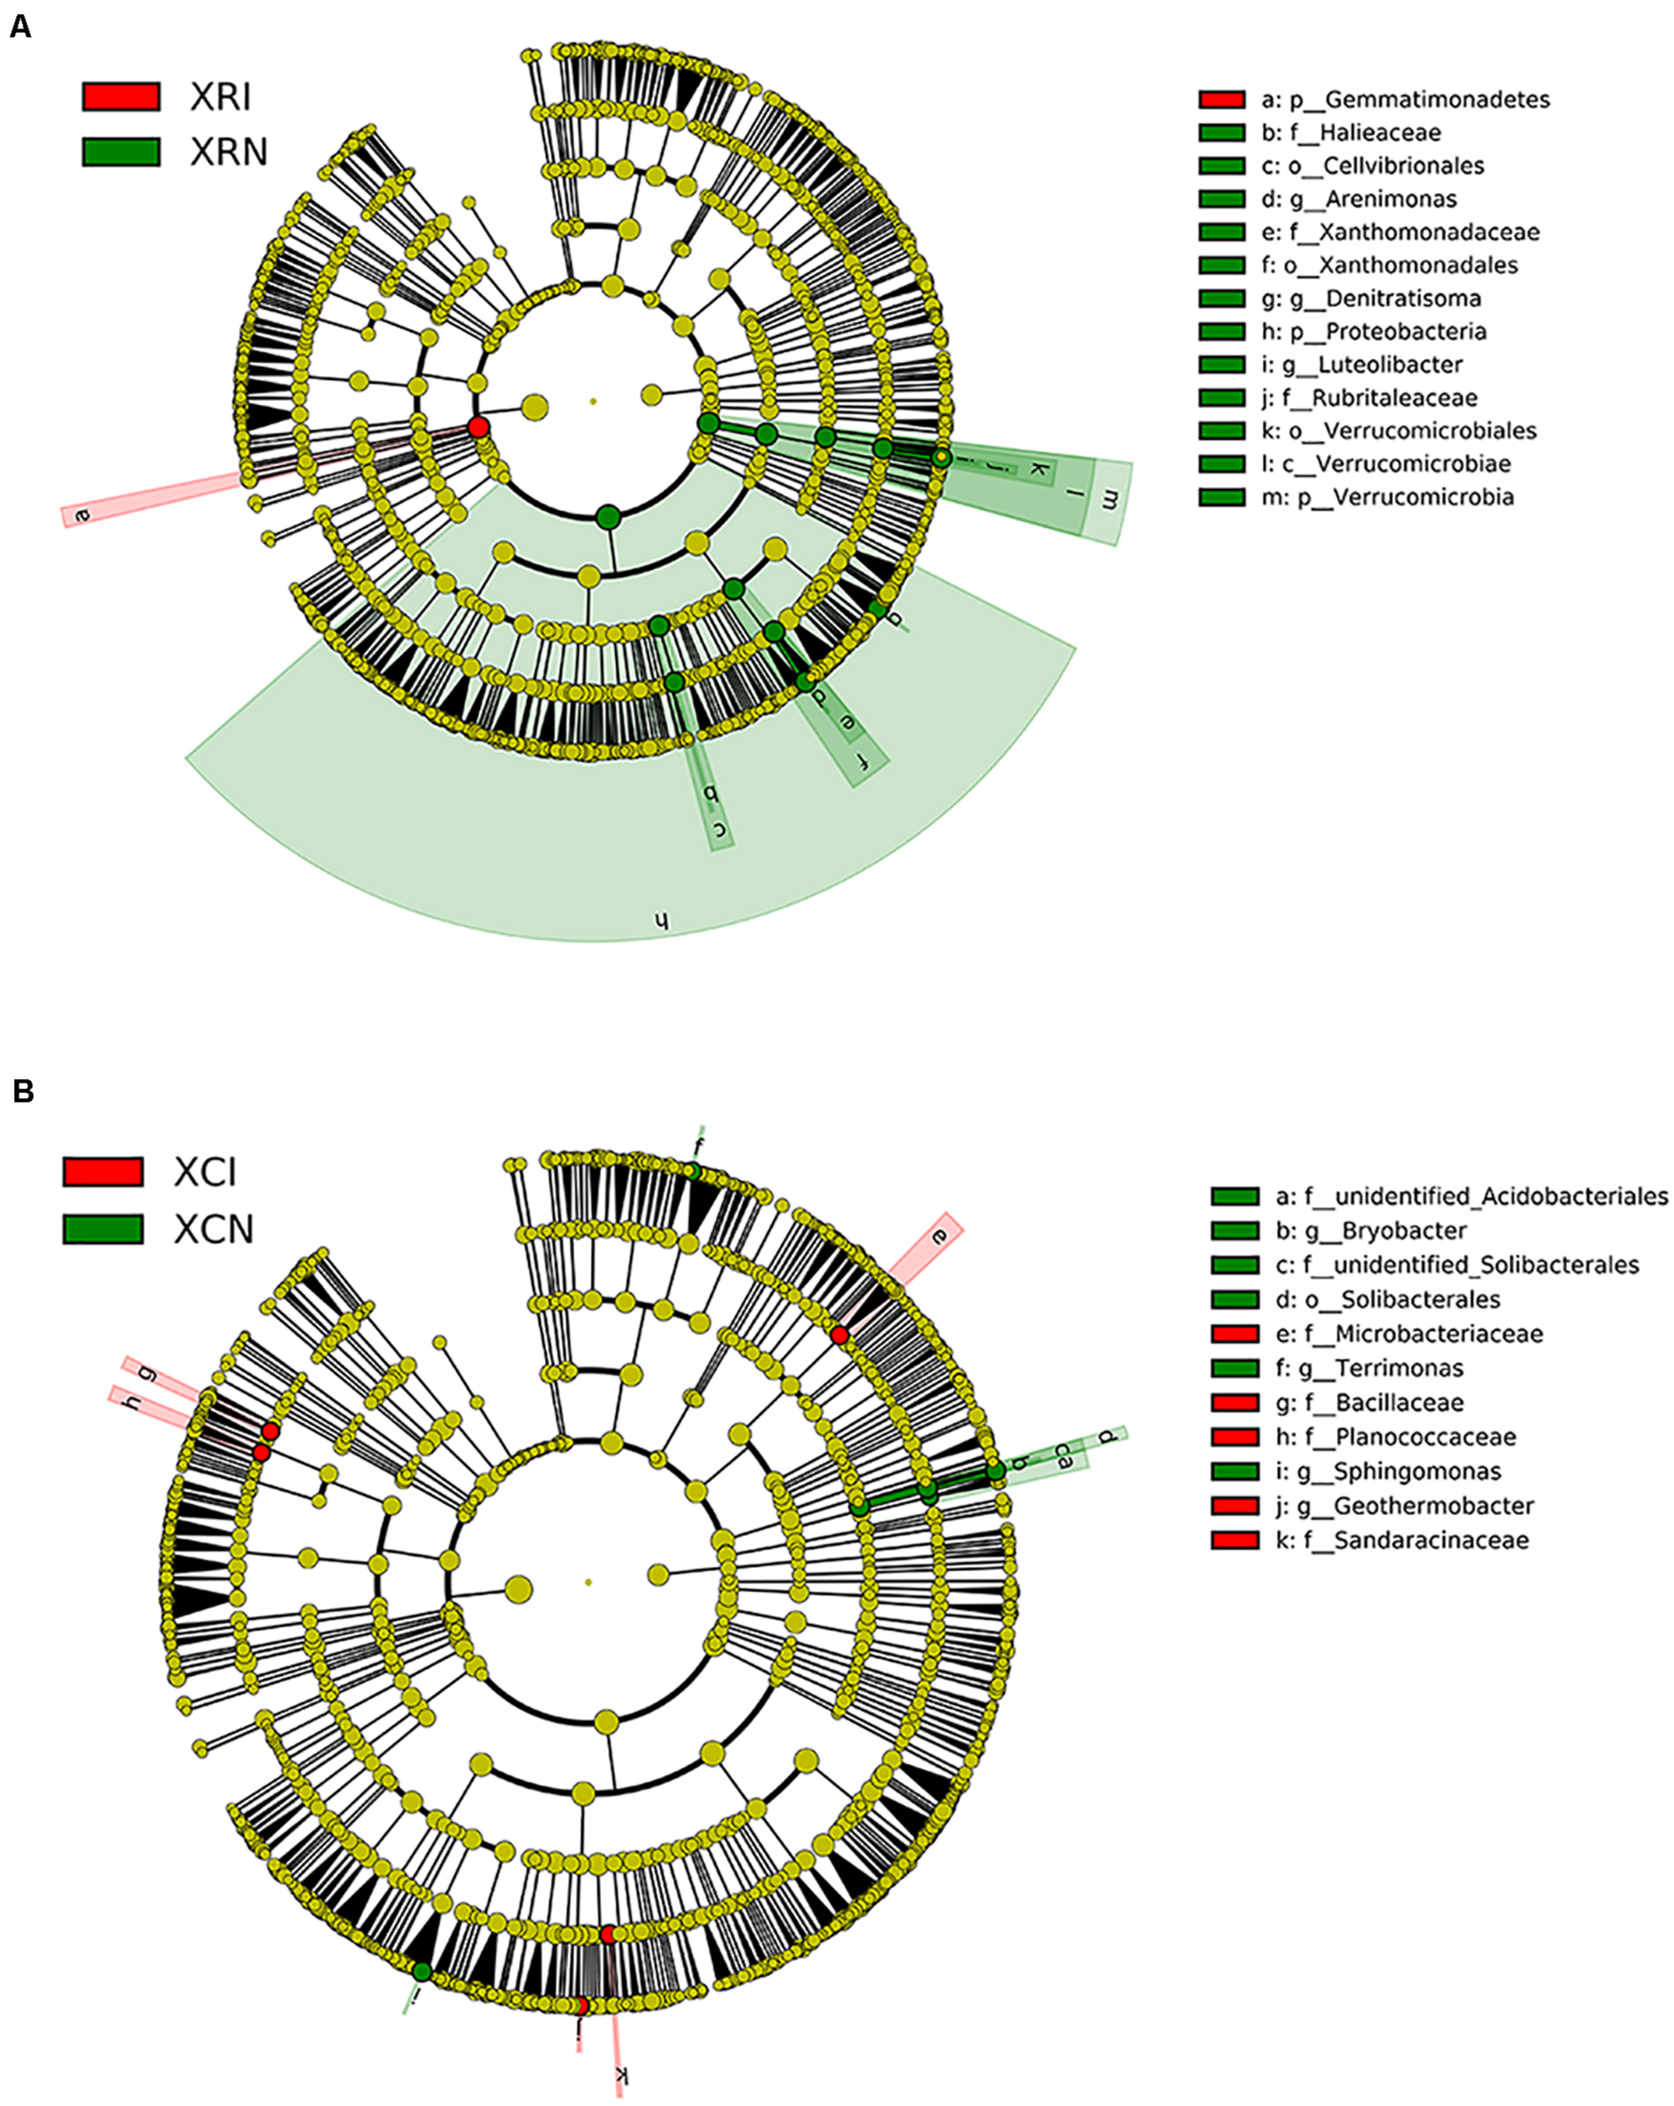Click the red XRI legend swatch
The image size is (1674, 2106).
pos(121,96)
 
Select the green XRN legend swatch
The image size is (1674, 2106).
pos(121,152)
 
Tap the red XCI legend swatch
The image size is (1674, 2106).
pos(103,1171)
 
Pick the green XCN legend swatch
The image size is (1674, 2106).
pos(103,1228)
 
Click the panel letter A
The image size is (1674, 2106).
pos(20,27)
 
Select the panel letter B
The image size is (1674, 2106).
pos(23,1091)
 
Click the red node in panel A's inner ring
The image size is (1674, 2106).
pos(478,427)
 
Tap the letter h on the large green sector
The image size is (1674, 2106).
pos(661,920)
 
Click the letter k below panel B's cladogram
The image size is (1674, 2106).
pos(619,2077)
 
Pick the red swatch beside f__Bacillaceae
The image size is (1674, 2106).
pos(1234,1403)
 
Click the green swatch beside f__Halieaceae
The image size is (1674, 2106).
pos(1222,133)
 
